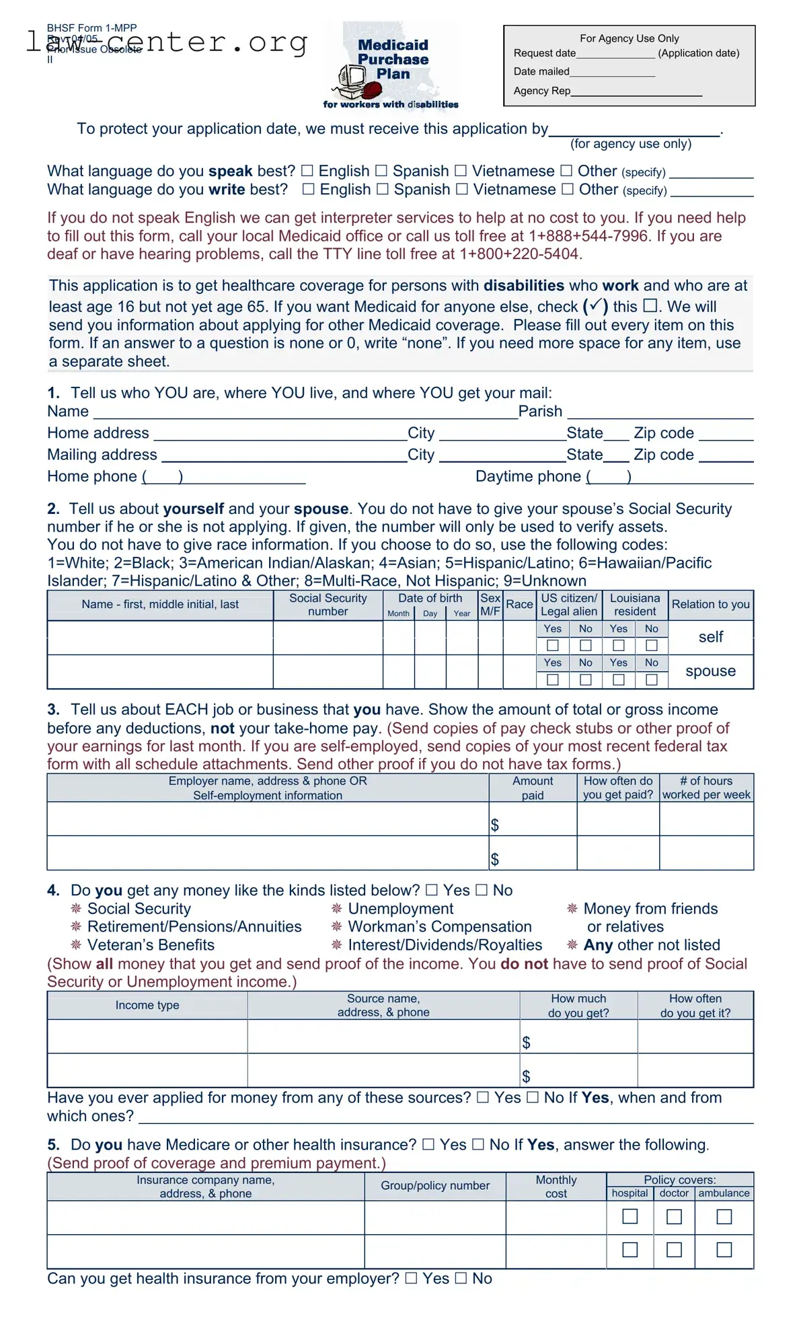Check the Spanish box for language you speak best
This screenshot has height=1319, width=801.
coord(381,171)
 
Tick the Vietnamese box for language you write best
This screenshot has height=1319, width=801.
coord(462,190)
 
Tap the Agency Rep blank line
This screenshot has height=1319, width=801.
coord(636,91)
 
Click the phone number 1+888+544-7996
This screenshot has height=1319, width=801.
coord(588,236)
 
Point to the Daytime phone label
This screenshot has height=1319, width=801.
coord(528,477)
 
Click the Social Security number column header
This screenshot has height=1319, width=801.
coord(328,605)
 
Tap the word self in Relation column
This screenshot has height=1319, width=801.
coord(710,637)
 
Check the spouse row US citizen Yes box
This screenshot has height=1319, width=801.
coord(553,680)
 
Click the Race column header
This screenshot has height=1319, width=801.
coord(519,605)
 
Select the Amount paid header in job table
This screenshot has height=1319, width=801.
coord(533,788)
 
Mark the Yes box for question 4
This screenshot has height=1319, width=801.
coord(432,891)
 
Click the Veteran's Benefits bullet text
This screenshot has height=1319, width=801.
coord(151,945)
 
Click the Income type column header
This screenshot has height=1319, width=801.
coord(147,1005)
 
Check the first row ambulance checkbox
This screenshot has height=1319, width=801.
coord(724,1217)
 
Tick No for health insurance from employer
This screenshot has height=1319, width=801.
coord(461,1279)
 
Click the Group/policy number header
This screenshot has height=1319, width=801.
coord(435,1186)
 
